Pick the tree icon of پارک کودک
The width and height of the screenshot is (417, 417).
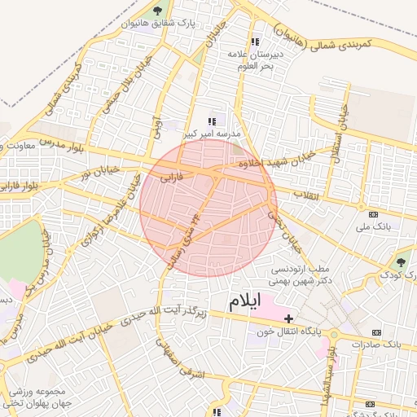tap(400, 261)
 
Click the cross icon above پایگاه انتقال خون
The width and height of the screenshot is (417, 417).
tap(288, 317)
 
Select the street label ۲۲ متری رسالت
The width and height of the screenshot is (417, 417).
tap(184, 235)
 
